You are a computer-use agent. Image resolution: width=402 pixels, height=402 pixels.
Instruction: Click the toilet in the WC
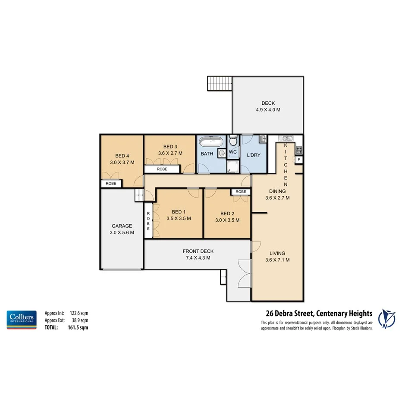tap(233, 141)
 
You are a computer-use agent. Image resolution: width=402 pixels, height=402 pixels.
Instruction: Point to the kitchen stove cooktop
tap(298, 150)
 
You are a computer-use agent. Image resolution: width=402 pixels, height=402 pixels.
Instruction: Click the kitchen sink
tap(286, 138)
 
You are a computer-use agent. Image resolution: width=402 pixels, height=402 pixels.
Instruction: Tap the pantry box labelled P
tap(298, 160)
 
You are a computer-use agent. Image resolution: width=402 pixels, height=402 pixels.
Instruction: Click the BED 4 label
tap(122, 156)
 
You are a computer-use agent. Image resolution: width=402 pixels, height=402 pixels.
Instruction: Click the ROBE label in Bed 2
tap(241, 192)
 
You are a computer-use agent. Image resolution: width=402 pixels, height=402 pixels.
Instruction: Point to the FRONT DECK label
tap(198, 251)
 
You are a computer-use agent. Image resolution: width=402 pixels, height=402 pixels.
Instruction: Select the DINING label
tap(277, 191)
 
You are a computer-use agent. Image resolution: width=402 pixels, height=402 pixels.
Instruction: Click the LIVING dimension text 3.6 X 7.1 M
tap(277, 260)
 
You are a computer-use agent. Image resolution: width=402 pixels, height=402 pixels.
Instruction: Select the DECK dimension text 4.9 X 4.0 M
tap(267, 110)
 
